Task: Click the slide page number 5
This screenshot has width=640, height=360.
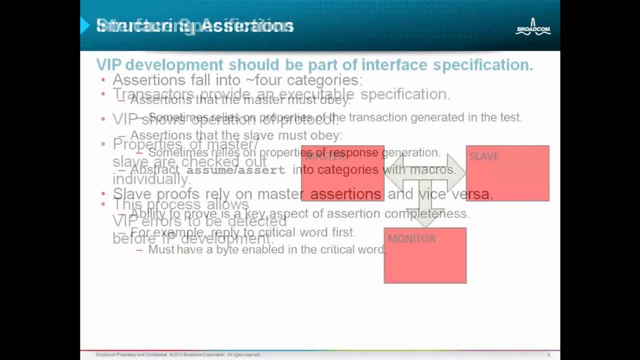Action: pos(548,355)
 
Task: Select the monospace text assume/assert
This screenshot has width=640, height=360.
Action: pos(235,170)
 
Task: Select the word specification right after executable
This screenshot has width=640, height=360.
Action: pos(405,94)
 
